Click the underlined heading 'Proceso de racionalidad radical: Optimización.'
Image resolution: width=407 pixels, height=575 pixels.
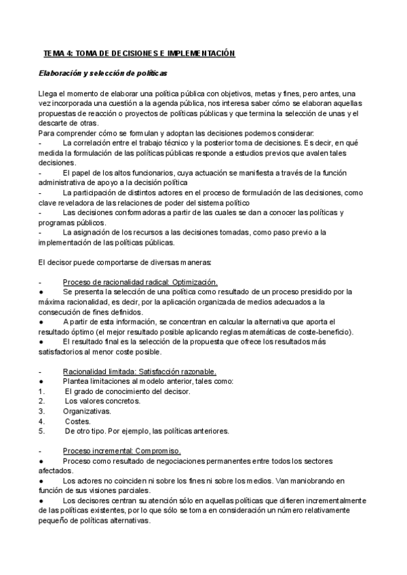(140, 282)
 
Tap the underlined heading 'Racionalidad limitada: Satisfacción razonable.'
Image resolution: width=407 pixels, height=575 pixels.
(140, 372)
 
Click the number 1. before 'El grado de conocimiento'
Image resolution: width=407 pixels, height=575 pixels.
(41, 391)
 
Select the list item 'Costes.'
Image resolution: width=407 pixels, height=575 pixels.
(78, 421)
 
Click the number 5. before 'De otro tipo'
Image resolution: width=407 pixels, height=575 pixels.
(41, 431)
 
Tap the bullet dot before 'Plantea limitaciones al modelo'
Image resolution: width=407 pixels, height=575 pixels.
(41, 381)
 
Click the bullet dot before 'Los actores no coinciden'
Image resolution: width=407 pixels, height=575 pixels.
(41, 481)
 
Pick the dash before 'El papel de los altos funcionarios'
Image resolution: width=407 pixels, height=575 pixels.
(41, 173)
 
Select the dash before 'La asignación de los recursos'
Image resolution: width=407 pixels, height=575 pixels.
(41, 233)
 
